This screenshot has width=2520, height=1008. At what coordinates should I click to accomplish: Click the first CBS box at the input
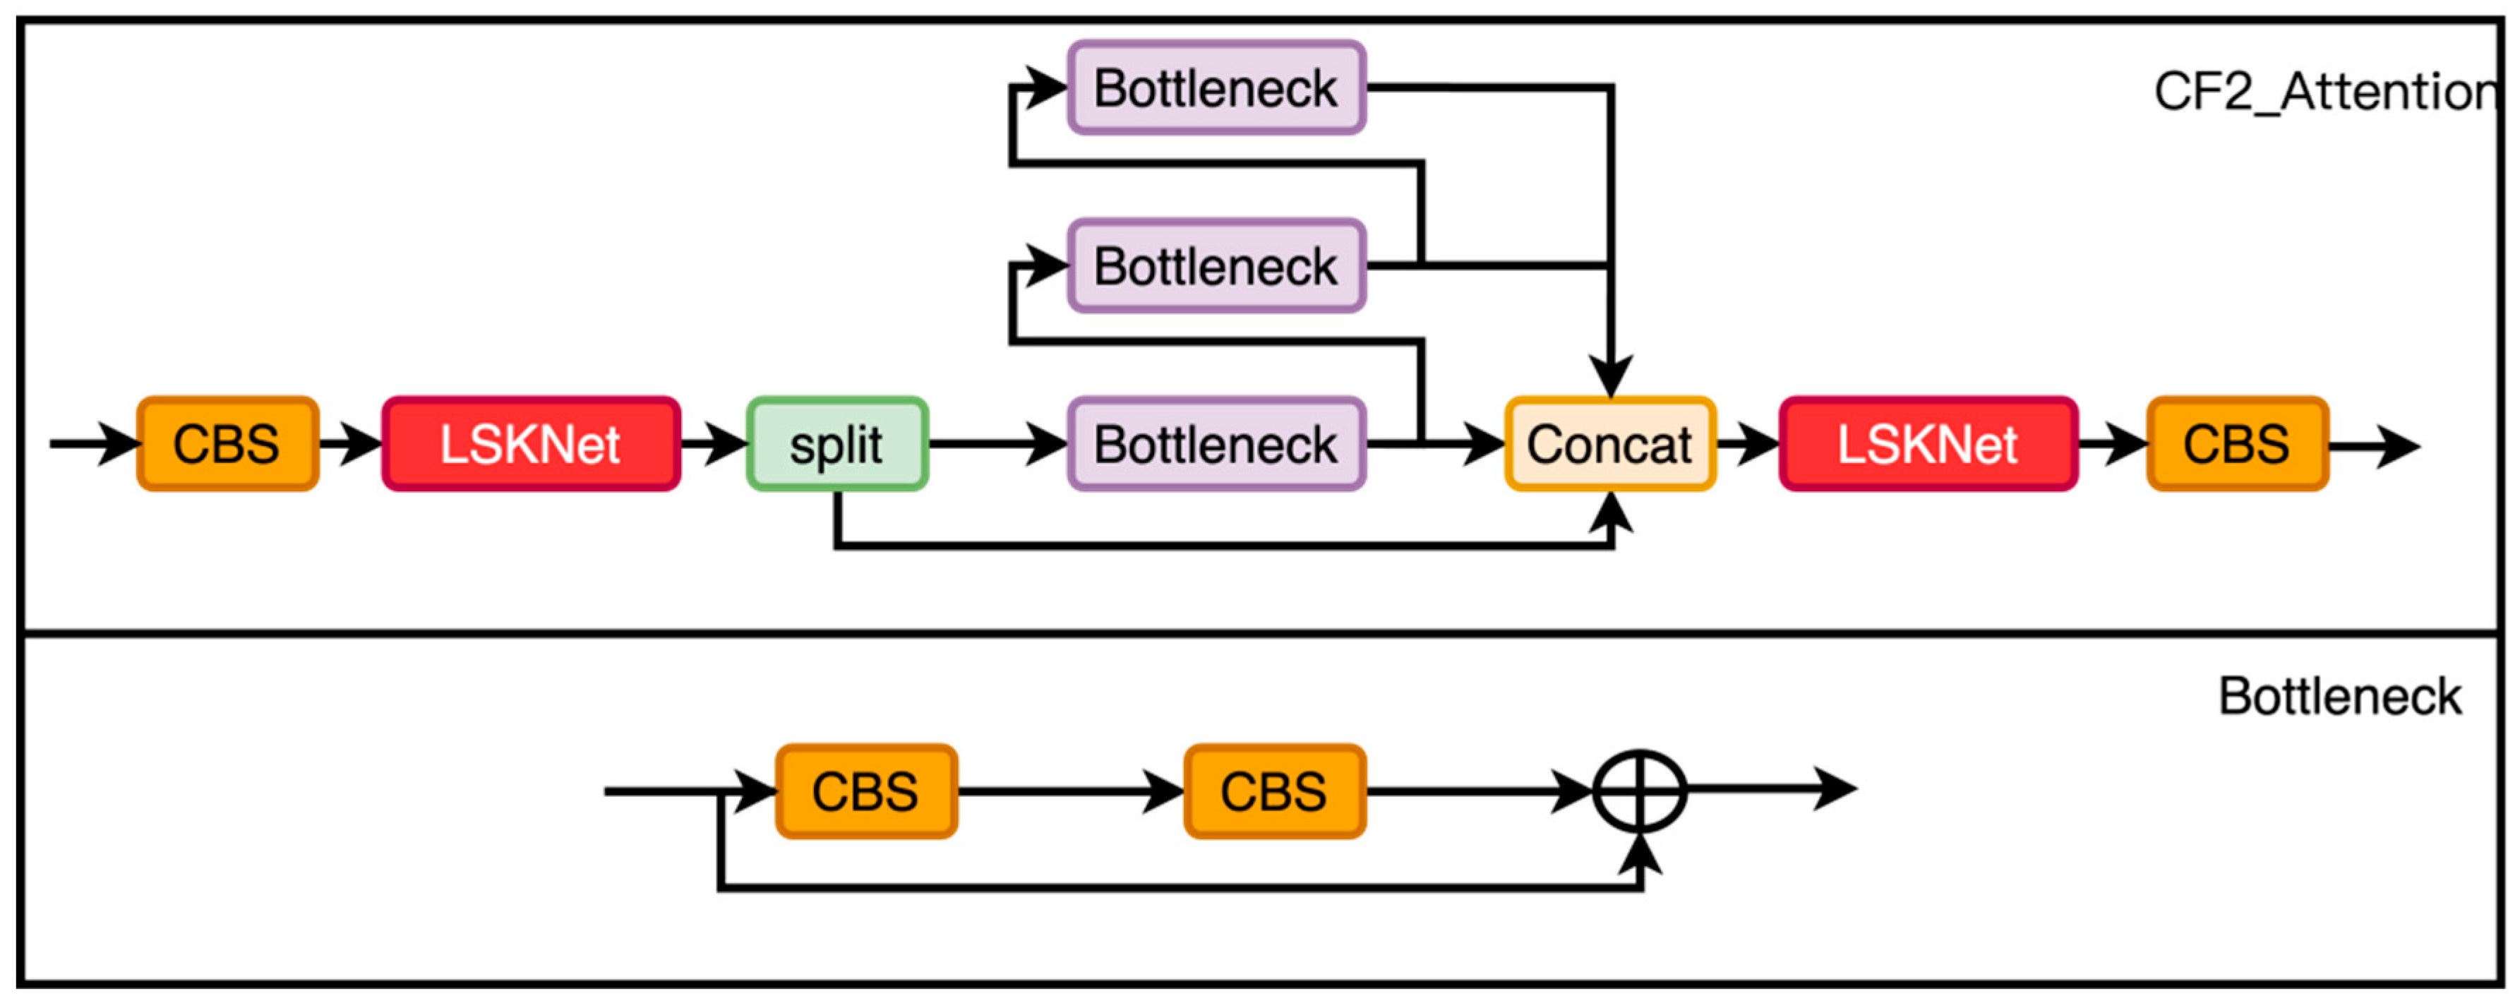[x=227, y=443]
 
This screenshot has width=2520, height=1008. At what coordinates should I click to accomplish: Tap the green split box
[x=836, y=443]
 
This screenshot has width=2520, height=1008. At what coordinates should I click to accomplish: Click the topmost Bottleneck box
[x=1216, y=88]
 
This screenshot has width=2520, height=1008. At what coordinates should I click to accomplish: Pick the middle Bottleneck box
[x=1216, y=266]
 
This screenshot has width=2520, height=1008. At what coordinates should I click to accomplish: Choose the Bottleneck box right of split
[x=1216, y=443]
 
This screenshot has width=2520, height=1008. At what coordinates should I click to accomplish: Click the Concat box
[x=1609, y=443]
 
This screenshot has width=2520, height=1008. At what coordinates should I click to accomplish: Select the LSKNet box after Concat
[x=1927, y=443]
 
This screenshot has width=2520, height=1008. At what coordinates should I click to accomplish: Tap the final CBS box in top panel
[x=2236, y=443]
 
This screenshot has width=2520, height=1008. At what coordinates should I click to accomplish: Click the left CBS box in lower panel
[x=865, y=791]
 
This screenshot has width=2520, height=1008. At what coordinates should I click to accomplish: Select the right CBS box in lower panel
[x=1273, y=791]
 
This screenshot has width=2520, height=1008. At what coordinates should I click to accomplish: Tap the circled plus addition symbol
[x=1640, y=791]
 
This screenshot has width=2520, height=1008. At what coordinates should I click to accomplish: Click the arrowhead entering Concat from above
[x=1609, y=377]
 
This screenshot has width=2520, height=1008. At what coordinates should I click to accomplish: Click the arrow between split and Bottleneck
[x=998, y=443]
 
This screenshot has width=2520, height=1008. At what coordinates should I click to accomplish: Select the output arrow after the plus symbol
[x=1770, y=788]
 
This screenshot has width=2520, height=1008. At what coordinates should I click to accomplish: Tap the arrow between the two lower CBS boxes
[x=1072, y=791]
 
